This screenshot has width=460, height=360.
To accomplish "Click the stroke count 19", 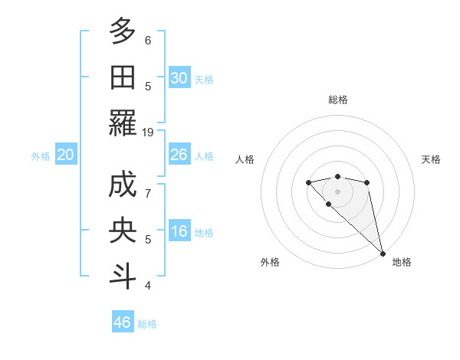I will pos(148,132).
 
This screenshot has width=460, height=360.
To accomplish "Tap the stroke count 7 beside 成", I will pos(148,194).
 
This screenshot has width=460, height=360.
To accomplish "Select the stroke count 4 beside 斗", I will pos(148,286).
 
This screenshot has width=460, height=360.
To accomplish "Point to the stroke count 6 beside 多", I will pos(148,40).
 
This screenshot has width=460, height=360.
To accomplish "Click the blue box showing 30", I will pos(179,78).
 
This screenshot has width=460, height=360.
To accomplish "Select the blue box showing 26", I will pos(179,155).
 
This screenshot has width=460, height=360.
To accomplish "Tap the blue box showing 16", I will pos(179,232).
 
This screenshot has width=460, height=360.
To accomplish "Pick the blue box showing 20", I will pos(65,155).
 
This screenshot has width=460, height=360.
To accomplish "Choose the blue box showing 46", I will pos(123,322).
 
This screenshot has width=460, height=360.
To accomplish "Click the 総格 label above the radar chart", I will pos(337,100).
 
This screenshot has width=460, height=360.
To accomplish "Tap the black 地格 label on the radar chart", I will pos(402,262).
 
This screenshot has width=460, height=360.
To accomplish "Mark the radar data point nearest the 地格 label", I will pos(383,254).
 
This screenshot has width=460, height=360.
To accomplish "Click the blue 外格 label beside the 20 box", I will pos(41,156).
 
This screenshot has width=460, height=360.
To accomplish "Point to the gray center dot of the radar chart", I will pos(337,191).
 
